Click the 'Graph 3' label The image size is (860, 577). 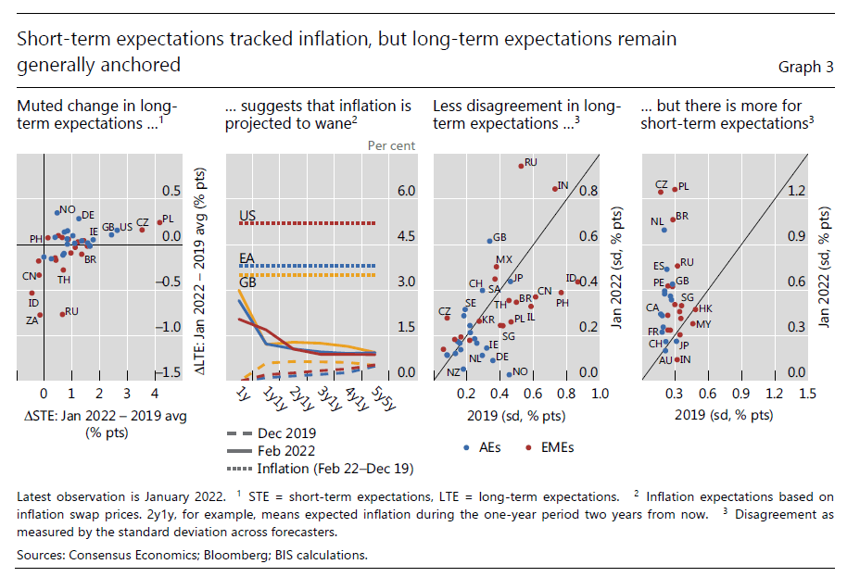click(805, 67)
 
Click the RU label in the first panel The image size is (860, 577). click(71, 312)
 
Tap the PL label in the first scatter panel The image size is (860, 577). click(168, 220)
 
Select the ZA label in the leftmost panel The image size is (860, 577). click(32, 320)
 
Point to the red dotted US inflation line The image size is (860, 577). click(307, 223)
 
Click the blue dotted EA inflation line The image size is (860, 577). click(307, 266)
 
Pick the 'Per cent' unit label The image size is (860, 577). click(391, 145)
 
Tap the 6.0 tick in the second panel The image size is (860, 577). click(406, 191)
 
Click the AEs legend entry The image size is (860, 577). click(490, 447)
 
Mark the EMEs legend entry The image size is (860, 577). click(556, 447)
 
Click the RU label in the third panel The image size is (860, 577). click(531, 162)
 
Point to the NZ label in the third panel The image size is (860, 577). click(453, 371)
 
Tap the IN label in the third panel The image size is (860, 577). click(562, 186)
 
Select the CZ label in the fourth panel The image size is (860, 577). click(661, 184)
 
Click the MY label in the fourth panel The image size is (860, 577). click(703, 324)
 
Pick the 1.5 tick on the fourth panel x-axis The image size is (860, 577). click(806, 394)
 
